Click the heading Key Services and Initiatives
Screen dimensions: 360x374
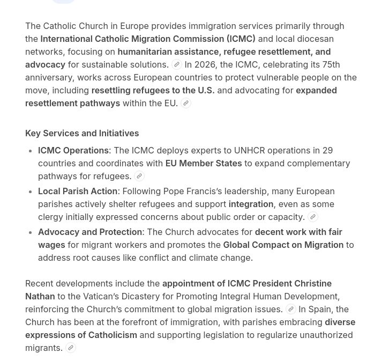[x=81, y=133]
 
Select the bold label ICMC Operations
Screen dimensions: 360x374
[x=73, y=150]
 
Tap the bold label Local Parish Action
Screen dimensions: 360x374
[x=78, y=191]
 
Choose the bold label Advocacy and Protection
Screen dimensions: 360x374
[x=90, y=232]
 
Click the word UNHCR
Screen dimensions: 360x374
[x=249, y=150]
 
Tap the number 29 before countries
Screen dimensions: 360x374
[x=327, y=150]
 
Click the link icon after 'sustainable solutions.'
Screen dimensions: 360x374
[x=177, y=65]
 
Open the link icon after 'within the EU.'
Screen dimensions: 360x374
[x=186, y=104]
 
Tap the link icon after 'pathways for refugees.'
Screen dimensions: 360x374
[x=139, y=177]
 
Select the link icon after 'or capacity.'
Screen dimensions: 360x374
[x=313, y=217]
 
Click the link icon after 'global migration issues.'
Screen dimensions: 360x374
[x=291, y=310]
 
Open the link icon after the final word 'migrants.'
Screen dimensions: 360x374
[x=71, y=348]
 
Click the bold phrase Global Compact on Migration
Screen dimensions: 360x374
[x=283, y=245]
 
